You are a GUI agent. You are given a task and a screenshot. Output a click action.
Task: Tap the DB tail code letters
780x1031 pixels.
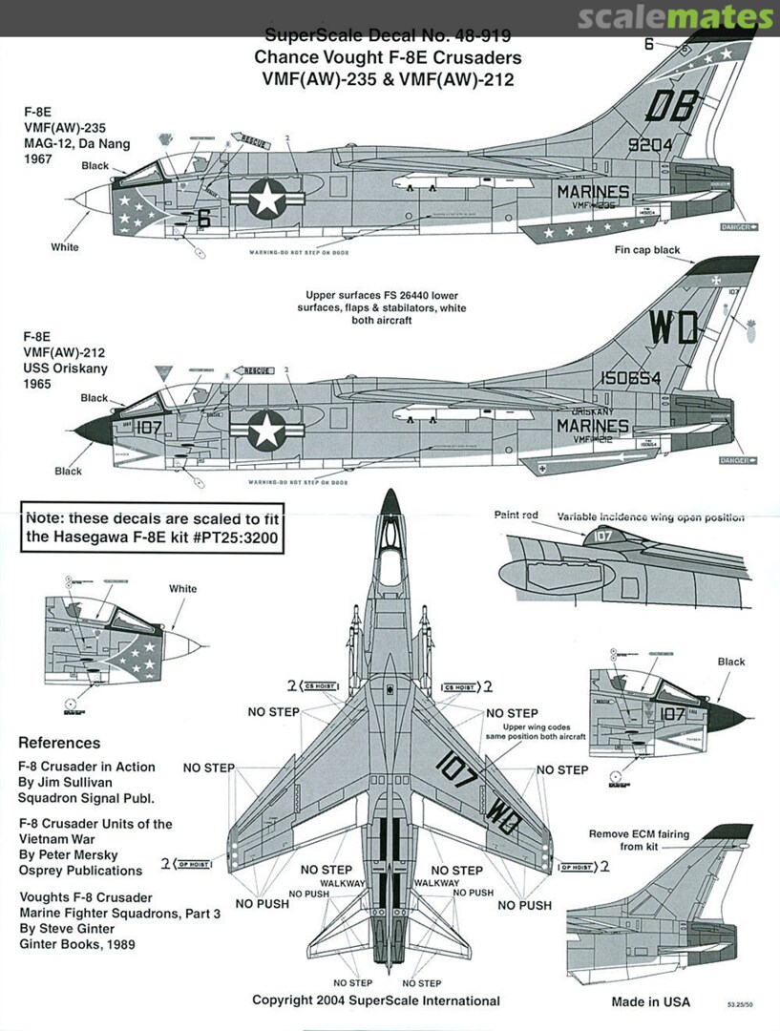tap(670, 107)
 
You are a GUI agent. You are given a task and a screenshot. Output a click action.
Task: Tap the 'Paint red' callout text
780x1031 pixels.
tap(516, 515)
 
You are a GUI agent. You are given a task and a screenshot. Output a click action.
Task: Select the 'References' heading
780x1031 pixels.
tap(59, 743)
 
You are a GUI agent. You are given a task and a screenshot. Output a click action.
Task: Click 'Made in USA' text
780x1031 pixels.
tap(650, 1002)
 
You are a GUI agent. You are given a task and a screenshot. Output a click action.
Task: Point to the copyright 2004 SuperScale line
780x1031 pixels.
tap(376, 1000)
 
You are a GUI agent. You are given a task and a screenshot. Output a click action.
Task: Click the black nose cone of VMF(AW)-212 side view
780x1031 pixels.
tap(94, 430)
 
